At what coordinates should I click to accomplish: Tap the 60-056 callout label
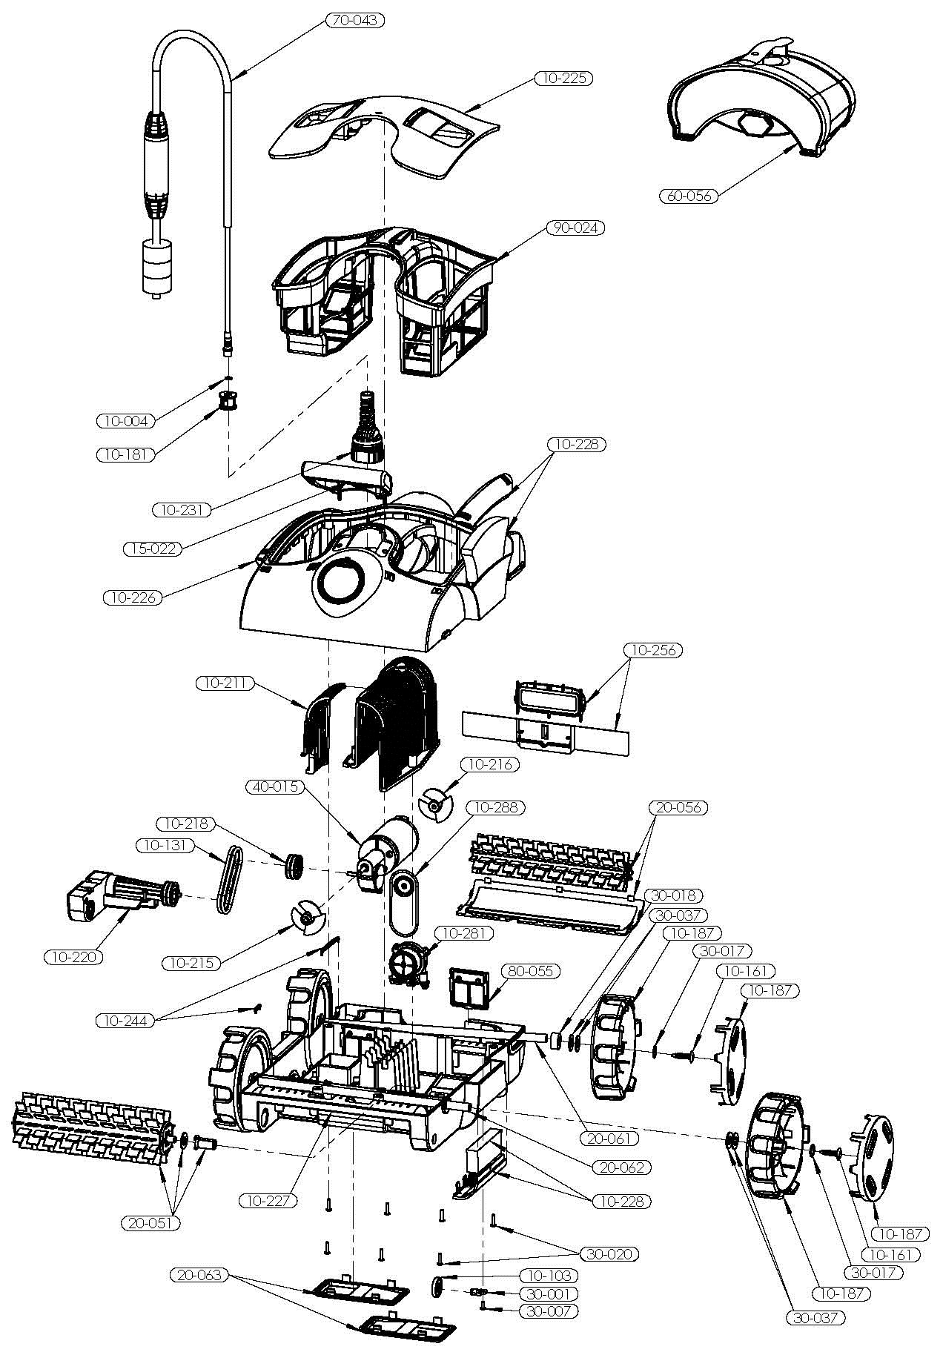point(688,196)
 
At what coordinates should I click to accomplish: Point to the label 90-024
point(575,228)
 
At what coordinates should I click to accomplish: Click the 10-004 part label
point(126,421)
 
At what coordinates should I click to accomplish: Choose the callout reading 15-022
point(152,549)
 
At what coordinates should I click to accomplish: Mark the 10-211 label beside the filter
point(225,683)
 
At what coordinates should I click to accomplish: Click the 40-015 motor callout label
point(276,786)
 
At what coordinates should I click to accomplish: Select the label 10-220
point(73,957)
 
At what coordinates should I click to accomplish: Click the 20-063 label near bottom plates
point(200,1276)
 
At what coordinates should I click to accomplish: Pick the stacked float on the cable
point(156,267)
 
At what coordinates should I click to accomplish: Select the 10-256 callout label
point(653,650)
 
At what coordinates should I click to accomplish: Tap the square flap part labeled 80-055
point(470,990)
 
